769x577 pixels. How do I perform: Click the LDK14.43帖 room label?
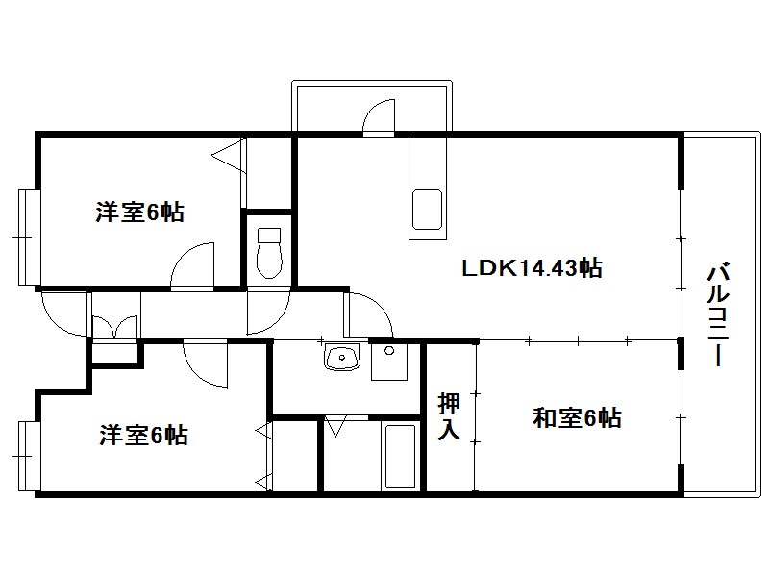tap(533, 268)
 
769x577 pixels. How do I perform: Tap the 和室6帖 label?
tap(577, 418)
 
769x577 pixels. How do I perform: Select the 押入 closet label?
tap(449, 416)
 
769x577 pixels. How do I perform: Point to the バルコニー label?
tap(718, 315)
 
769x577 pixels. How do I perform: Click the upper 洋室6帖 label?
tap(139, 213)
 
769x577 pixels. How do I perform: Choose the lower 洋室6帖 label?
tap(143, 435)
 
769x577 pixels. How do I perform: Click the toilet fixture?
tap(269, 253)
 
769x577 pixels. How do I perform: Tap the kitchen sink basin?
tap(427, 210)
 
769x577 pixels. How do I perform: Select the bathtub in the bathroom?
tap(400, 456)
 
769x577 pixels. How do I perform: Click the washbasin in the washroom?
tap(342, 357)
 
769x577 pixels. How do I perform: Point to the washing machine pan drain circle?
tap(389, 351)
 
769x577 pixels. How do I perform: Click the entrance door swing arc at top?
tap(379, 116)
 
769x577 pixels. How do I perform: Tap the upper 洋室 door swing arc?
tap(192, 264)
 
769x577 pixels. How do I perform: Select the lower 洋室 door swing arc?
tap(206, 364)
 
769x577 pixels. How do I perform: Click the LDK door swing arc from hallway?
tap(370, 314)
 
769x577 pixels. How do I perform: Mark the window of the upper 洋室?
tap(29, 238)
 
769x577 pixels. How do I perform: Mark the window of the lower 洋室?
tap(29, 456)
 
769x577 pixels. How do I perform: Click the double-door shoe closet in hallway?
tap(114, 327)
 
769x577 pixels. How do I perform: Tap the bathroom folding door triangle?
tap(335, 426)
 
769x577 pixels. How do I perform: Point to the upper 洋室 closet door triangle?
tap(229, 156)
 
